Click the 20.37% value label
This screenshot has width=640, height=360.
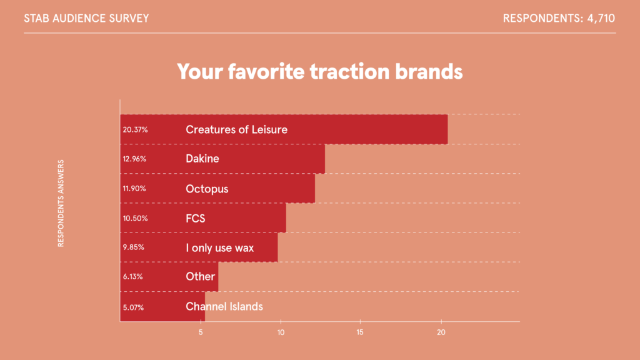coord(135,130)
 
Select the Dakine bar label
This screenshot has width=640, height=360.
coord(202,158)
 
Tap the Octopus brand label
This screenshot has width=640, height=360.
coord(207,189)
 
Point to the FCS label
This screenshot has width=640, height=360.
coord(196,218)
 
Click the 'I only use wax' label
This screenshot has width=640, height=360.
coord(219,247)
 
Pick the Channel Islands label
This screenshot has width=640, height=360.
coord(224,306)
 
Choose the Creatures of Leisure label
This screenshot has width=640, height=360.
coord(237,129)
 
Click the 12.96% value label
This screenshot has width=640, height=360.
coord(134,159)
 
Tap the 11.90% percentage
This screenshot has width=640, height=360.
coord(134,189)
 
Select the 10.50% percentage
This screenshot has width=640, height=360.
coord(135,218)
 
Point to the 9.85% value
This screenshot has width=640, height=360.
coord(134,247)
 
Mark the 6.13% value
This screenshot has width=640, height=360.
coord(132,277)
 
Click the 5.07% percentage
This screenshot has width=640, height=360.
coord(133,307)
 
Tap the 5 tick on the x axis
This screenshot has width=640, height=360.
coord(201,332)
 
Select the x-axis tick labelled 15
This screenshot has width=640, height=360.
coord(359,332)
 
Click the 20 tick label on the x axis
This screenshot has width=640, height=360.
coord(441,332)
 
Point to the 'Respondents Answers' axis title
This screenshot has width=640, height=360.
coord(61,203)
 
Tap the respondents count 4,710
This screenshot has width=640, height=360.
coord(601,18)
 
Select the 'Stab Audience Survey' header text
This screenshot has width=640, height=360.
coord(86,18)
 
